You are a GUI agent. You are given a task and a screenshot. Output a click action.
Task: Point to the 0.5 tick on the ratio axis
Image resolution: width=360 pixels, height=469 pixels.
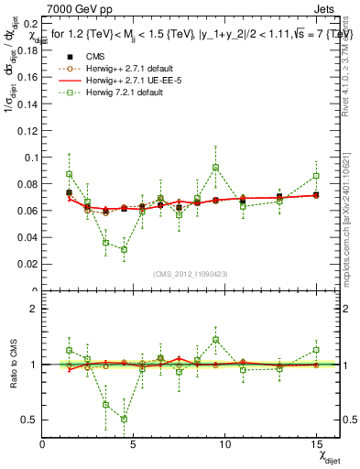29,420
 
